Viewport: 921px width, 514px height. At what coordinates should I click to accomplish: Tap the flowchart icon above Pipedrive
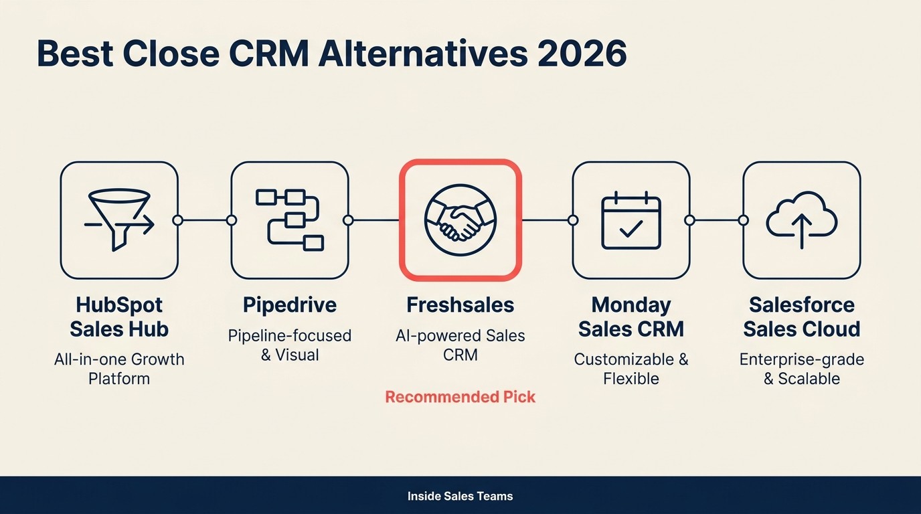point(290,220)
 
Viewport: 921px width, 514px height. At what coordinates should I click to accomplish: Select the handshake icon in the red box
point(460,220)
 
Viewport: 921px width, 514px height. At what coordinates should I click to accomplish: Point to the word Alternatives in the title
point(422,54)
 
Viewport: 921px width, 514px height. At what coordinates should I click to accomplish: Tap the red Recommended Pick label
point(460,397)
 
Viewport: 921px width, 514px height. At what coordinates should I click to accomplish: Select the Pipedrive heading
point(290,305)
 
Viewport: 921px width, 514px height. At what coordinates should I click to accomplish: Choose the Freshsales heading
point(460,305)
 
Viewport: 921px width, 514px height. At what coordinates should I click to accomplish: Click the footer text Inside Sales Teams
point(460,497)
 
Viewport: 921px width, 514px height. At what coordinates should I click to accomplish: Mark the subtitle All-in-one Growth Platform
point(119,369)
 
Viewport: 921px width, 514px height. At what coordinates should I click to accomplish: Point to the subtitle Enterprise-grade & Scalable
point(802,369)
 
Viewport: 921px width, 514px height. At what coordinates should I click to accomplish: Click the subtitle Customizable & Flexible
point(631,369)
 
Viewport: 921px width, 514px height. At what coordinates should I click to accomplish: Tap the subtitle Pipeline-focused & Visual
point(290,345)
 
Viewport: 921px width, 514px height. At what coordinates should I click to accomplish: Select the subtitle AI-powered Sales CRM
point(460,345)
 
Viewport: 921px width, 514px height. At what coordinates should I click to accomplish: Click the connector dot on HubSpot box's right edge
point(177,220)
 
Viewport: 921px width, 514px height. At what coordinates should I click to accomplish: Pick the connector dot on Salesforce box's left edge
point(743,220)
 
